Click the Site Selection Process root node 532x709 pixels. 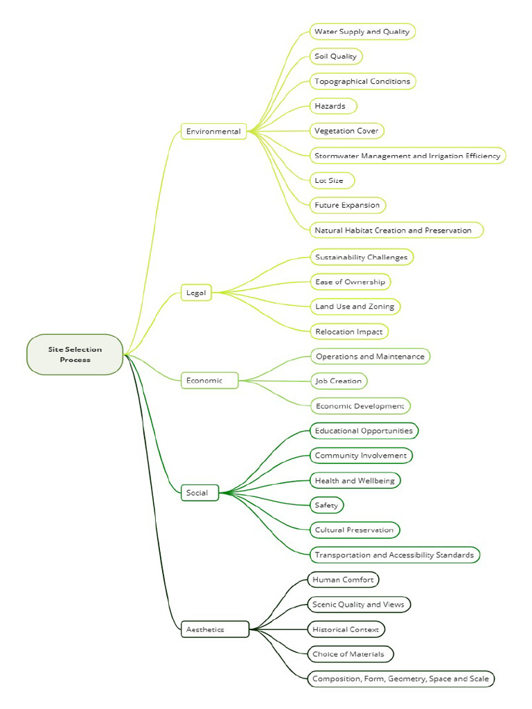tap(75, 354)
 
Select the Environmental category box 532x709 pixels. tap(213, 131)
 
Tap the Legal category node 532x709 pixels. tap(196, 293)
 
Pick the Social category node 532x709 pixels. tap(199, 493)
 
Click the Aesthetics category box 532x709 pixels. tap(215, 629)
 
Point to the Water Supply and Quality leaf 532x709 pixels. tap(362, 31)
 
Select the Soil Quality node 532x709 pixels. tap(335, 56)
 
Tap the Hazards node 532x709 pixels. tap(332, 106)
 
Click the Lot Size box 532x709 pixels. tap(331, 180)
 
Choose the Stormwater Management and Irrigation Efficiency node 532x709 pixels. tap(407, 156)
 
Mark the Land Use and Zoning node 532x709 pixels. tap(355, 306)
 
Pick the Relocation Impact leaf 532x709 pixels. tap(348, 332)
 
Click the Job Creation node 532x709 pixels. tap(338, 381)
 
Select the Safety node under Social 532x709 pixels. tap(326, 505)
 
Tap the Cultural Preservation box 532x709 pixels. tap(354, 530)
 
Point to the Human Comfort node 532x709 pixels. tap(343, 580)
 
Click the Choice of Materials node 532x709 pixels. tap(350, 654)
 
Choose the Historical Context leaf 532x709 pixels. tap(346, 629)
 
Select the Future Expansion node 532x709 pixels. tap(347, 205)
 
